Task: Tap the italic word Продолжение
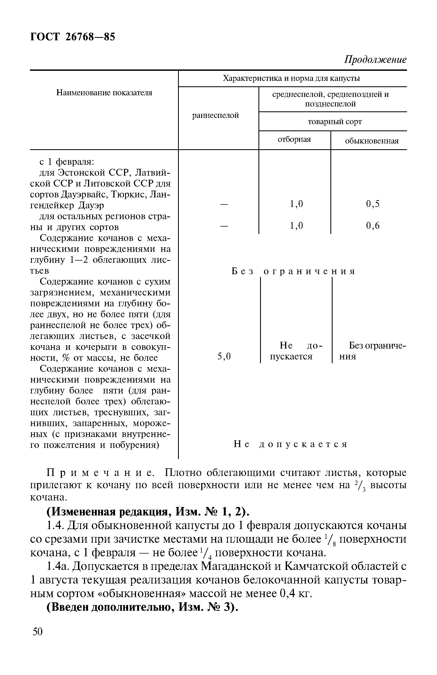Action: pyautogui.click(x=375, y=60)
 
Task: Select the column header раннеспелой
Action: pyautogui.click(x=215, y=116)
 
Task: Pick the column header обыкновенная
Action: pyautogui.click(x=372, y=141)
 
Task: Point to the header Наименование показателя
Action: pyautogui.click(x=104, y=93)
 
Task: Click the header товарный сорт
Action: pyautogui.click(x=335, y=122)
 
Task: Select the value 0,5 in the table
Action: pyautogui.click(x=373, y=204)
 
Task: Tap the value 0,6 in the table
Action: pyautogui.click(x=373, y=225)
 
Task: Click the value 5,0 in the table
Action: pyautogui.click(x=224, y=356)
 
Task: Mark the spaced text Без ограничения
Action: pyautogui.click(x=293, y=271)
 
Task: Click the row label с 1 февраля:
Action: pyautogui.click(x=67, y=162)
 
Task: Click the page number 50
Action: pyautogui.click(x=37, y=640)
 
